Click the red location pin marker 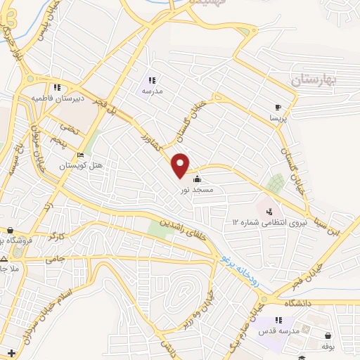(x=181, y=165)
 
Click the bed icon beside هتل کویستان (x=80, y=155)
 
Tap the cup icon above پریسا (x=277, y=108)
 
